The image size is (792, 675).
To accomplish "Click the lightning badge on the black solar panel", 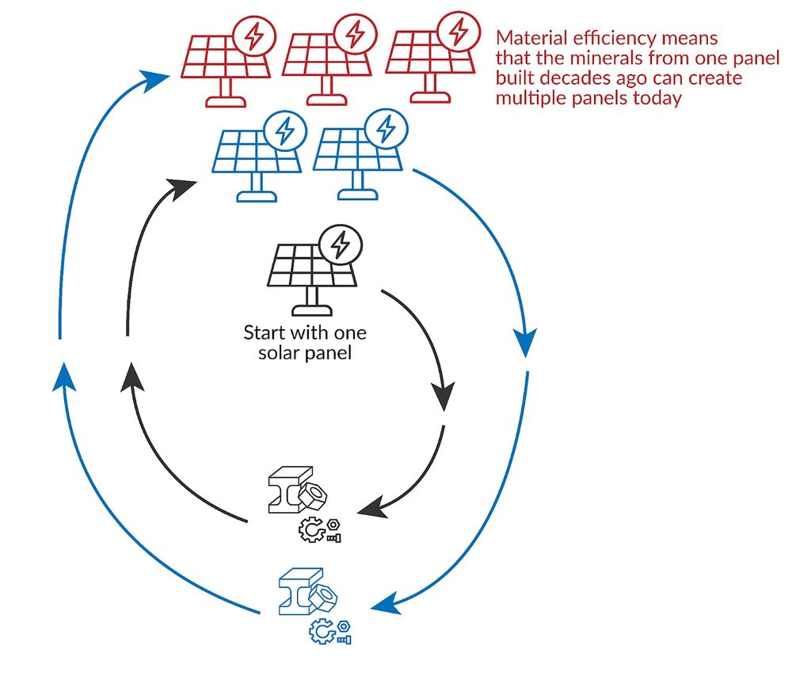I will [341, 245].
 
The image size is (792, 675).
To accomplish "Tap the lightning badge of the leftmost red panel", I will [253, 36].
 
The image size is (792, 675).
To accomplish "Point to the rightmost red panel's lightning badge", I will [458, 32].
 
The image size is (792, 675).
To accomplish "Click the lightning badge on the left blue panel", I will [280, 131].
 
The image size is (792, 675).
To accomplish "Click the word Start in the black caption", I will [263, 332].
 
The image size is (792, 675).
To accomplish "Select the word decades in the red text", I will [584, 80].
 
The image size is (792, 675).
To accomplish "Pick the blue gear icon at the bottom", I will [322, 631].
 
